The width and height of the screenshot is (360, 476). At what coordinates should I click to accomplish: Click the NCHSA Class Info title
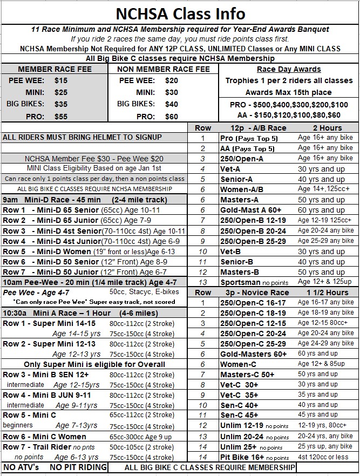180,13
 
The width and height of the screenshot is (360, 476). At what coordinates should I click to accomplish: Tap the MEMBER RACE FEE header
55,69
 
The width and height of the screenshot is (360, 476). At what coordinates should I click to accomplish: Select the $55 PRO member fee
61,115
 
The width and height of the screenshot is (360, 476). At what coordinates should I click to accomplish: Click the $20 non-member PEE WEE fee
156,80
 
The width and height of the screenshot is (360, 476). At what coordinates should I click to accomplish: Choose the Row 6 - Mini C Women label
45,436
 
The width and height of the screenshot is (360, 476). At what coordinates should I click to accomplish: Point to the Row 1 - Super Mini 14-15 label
49,323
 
